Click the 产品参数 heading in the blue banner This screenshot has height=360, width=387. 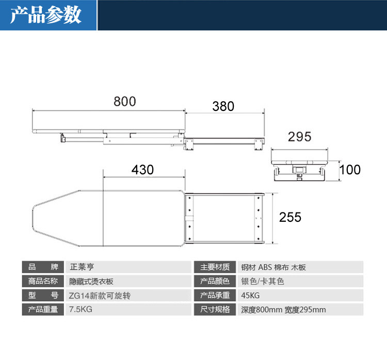click(46, 15)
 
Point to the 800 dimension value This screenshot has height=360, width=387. click(125, 102)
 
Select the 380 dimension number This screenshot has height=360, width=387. click(223, 107)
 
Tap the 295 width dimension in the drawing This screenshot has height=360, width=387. click(299, 137)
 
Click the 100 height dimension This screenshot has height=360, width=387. click(350, 170)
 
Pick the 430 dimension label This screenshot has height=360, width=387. click(142, 169)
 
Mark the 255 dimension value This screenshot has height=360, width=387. click(290, 217)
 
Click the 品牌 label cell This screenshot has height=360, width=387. click(43, 267)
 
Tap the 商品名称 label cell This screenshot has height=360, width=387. click(43, 282)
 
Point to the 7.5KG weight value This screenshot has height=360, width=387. click(80, 310)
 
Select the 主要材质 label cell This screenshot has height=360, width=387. click(215, 267)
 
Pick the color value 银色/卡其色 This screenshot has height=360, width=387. click(263, 282)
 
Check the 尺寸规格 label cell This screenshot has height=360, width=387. click(215, 310)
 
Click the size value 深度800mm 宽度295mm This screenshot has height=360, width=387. click(283, 310)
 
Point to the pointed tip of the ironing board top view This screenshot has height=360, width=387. click(33, 218)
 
